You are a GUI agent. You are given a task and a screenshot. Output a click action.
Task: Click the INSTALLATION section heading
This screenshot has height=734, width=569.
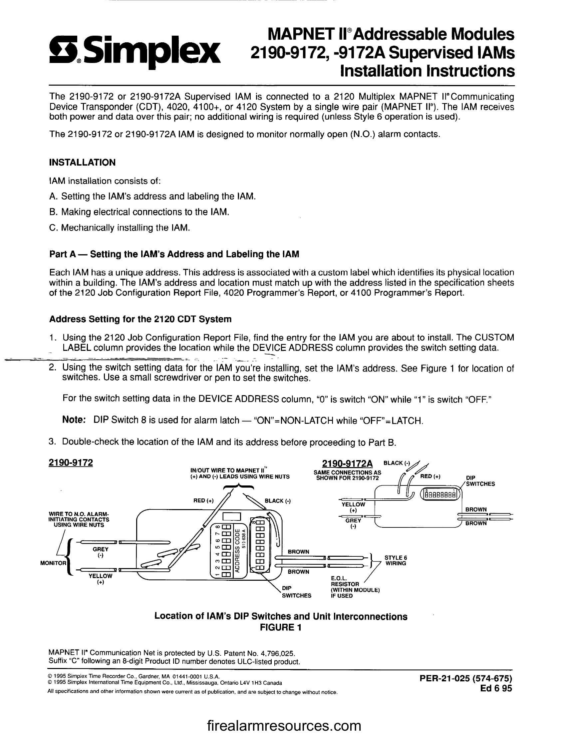pos(82,163)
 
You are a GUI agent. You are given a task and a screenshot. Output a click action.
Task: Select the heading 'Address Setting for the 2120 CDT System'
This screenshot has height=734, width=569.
pos(141,319)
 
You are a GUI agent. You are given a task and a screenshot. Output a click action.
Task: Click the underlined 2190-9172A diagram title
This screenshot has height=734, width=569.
pos(347,463)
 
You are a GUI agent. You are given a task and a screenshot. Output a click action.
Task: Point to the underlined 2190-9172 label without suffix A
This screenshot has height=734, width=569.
pos(71,463)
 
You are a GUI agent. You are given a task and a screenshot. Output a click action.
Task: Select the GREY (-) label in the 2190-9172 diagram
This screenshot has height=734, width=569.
pos(100,552)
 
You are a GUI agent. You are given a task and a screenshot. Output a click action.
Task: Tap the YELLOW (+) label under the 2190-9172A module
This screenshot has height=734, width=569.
pos(353,507)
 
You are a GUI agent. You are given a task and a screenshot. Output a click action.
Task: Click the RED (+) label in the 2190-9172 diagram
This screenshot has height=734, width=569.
pos(203,501)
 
